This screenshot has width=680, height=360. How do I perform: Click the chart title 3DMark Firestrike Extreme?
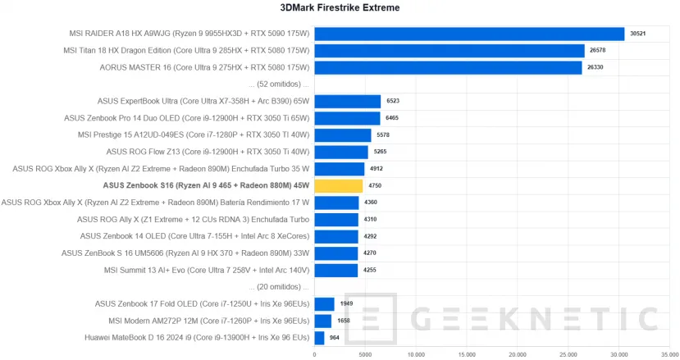pos(340,9)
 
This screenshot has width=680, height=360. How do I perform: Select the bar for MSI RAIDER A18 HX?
pos(468,34)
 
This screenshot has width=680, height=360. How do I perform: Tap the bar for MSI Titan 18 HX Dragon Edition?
pos(449,51)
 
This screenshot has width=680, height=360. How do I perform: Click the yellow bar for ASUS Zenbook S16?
pos(338,186)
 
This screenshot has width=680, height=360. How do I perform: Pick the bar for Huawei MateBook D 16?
pos(319,338)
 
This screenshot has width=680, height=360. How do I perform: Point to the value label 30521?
pos(637,34)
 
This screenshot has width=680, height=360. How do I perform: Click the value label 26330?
pos(595,68)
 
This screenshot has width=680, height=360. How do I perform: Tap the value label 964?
pos(335,338)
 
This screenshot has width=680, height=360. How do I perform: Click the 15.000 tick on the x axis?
pos(467,354)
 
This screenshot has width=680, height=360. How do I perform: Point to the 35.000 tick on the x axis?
pos(670,354)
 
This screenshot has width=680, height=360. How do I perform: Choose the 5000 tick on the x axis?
pos(365,354)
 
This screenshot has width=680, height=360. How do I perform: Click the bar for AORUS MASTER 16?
pos(448,68)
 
